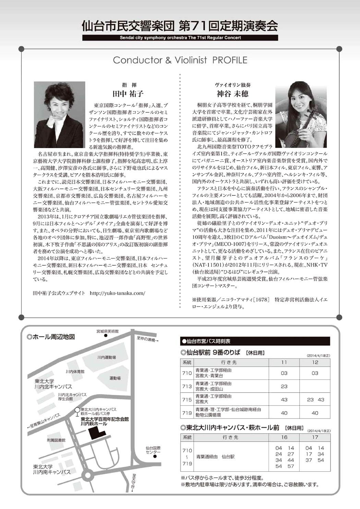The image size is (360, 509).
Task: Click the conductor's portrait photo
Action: tap(59, 114)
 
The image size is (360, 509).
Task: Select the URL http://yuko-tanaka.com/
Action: tap(117, 293)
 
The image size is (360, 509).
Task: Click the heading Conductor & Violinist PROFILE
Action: tap(180, 60)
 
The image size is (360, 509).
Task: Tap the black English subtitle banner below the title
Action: tap(180, 38)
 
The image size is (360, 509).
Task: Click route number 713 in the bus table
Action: tap(187, 386)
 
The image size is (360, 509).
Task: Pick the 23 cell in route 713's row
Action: tap(284, 386)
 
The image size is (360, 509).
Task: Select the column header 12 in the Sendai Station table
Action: tap(315, 362)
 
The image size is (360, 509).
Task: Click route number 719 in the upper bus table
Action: tap(187, 413)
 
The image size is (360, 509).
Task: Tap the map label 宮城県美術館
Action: tap(107, 331)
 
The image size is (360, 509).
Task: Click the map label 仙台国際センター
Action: tap(153, 450)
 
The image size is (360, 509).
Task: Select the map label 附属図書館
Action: tap(56, 440)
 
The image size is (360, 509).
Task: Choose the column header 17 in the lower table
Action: tap(315, 437)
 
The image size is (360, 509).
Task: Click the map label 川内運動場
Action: tap(106, 357)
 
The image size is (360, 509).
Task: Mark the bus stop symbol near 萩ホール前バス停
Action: tap(77, 410)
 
